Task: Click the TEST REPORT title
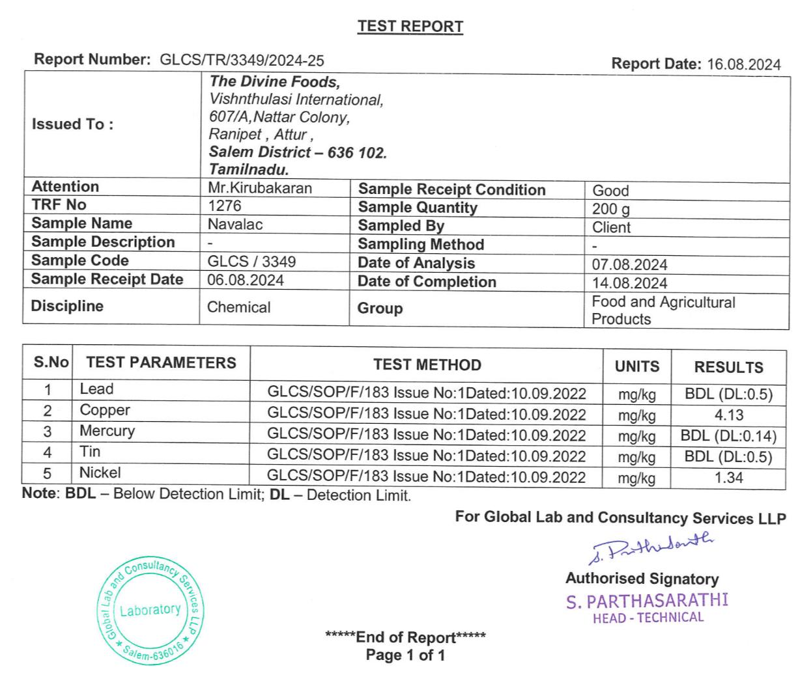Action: point(410,27)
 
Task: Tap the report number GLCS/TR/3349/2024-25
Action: point(242,61)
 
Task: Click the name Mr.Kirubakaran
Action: point(259,188)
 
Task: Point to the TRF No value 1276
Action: point(224,206)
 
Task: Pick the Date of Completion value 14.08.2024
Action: point(629,283)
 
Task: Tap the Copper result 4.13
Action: point(728,415)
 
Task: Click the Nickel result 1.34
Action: point(728,478)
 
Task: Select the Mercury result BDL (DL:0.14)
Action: point(728,436)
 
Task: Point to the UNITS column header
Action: point(636,366)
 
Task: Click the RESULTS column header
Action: point(728,367)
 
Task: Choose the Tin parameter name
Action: point(90,452)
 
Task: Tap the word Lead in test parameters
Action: point(96,389)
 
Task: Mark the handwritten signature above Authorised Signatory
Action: point(651,549)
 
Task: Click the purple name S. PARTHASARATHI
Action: point(647,600)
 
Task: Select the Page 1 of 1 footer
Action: point(405,655)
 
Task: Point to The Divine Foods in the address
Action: point(274,82)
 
